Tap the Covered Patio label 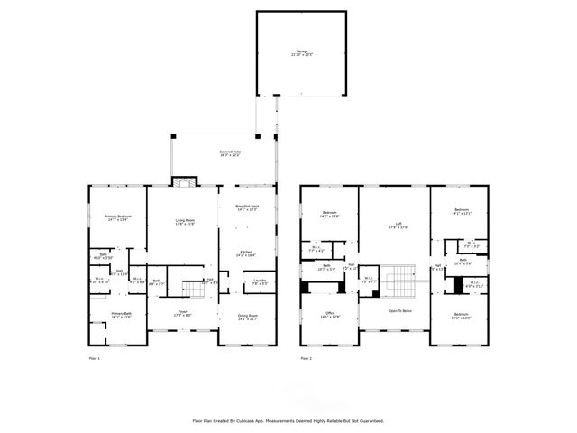click(230, 152)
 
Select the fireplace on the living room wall click(184, 181)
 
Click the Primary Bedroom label click(119, 217)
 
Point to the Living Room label click(184, 222)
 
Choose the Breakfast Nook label click(247, 207)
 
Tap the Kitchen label click(246, 253)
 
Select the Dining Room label click(246, 317)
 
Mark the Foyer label click(182, 313)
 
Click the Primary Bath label click(122, 314)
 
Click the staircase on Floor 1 click(195, 289)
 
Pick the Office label click(329, 314)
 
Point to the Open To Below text click(399, 310)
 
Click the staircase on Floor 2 click(398, 280)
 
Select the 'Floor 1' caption click(94, 359)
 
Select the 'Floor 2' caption click(307, 359)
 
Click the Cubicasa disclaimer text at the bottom click(288, 420)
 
